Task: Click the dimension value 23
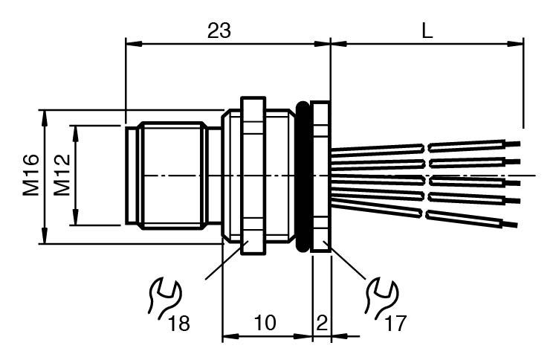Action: point(219,30)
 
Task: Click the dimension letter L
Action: point(427,30)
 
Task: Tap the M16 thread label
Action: point(30,176)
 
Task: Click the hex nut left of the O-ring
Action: point(253,176)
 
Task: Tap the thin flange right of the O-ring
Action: point(321,176)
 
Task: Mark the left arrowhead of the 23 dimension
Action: point(131,43)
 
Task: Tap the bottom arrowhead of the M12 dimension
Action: point(75,221)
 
